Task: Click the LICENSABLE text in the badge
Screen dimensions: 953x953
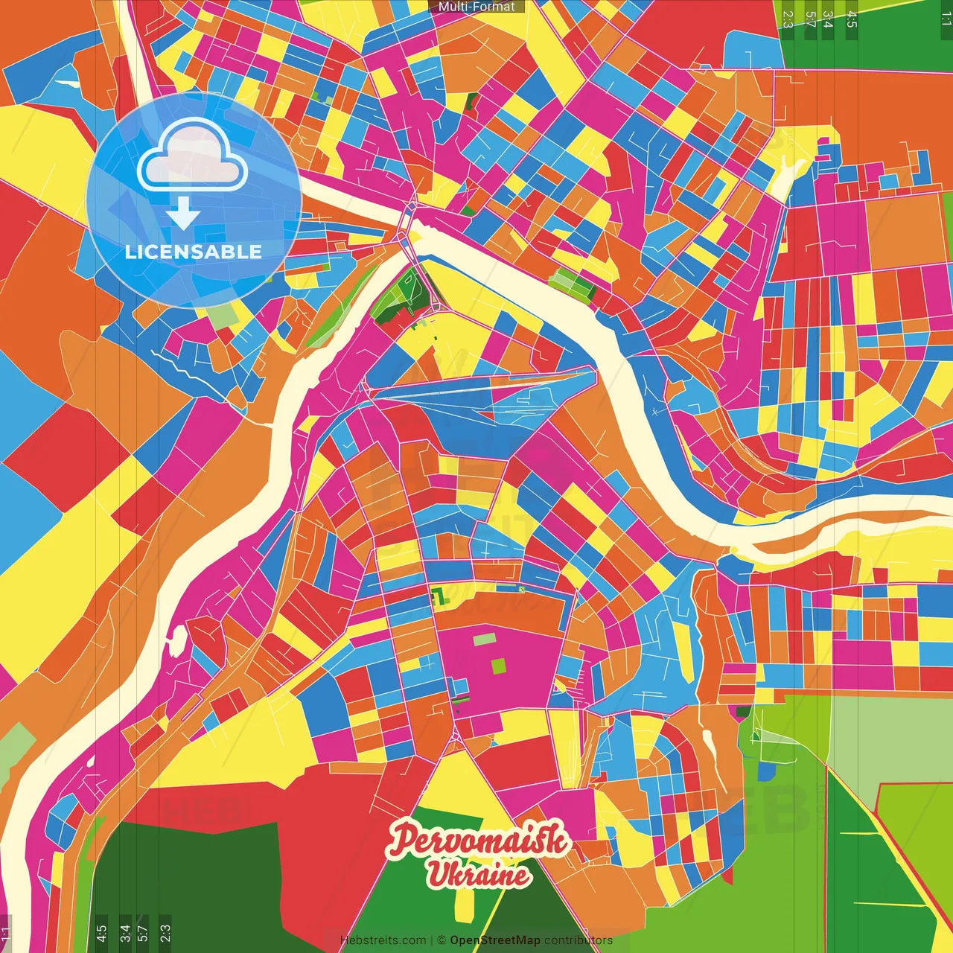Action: (x=194, y=252)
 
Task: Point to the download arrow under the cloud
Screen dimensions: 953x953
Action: (x=183, y=214)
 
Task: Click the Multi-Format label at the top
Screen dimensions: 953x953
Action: (x=476, y=7)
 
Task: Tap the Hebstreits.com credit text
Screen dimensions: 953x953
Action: (x=383, y=940)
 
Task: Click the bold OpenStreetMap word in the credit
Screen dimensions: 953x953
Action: (x=495, y=940)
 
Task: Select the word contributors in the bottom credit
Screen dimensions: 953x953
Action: (x=579, y=940)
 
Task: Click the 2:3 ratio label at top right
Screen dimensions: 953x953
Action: (x=788, y=19)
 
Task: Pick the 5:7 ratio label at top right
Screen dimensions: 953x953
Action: (x=809, y=19)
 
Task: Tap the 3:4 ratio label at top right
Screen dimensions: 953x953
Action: (x=828, y=19)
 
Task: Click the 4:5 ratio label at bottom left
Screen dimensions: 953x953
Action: (x=101, y=934)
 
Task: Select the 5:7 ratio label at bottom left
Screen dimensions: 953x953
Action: (x=143, y=934)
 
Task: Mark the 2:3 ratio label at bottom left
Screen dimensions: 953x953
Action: (x=165, y=934)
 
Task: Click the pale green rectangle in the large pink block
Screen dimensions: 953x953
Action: (x=484, y=640)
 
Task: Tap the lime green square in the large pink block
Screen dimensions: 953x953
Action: (x=499, y=666)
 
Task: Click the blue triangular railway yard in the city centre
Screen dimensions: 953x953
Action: (x=484, y=395)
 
